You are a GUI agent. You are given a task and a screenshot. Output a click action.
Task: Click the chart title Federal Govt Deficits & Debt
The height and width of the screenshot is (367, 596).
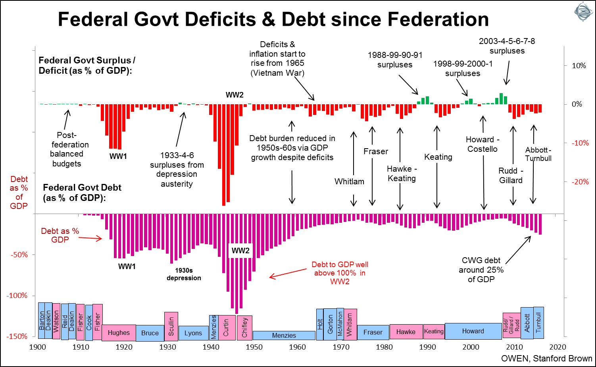273,19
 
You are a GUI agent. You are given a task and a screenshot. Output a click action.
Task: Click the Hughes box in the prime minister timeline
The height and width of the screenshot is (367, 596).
119,333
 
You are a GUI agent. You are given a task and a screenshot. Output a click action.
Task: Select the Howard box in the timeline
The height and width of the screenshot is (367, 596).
473,331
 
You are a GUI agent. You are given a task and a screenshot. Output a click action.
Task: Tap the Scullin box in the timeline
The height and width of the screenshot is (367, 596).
171,326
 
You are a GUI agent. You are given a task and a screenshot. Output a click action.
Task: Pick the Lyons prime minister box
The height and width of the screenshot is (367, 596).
193,333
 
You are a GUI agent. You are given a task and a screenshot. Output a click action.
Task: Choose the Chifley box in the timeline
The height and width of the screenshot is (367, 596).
244,327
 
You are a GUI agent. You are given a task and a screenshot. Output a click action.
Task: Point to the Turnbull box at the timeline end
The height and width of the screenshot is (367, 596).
538,322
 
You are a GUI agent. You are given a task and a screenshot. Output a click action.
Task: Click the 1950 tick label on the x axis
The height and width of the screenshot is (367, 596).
254,347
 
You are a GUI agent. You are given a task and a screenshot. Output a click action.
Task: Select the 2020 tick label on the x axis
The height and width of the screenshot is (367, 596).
558,347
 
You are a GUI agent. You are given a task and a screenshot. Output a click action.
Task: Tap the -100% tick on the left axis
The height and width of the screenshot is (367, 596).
17,295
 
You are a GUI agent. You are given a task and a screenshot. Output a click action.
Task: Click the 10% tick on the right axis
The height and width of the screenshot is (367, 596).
579,66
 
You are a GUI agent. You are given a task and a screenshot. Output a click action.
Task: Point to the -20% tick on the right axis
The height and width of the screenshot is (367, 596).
580,182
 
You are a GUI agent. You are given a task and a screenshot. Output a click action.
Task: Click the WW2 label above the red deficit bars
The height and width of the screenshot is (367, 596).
235,95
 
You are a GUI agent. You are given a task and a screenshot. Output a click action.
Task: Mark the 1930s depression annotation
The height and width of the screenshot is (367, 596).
184,274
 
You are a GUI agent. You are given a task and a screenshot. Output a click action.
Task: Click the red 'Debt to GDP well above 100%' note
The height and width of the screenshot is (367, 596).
340,273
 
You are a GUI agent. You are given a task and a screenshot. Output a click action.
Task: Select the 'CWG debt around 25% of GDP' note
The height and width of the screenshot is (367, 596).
481,270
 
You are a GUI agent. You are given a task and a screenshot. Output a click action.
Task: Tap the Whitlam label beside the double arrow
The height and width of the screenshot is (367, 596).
349,182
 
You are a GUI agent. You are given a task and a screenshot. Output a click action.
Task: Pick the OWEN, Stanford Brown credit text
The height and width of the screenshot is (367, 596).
546,359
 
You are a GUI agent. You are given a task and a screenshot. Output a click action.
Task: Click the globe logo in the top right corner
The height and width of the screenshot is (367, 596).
584,12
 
